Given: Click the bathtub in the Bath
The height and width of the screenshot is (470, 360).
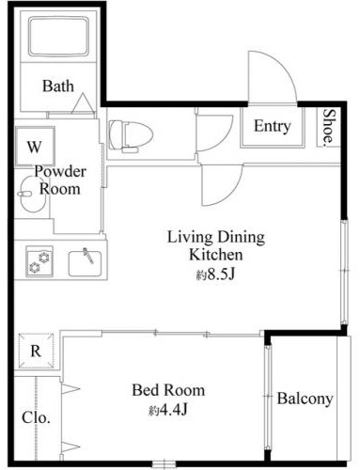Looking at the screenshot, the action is click(58, 37).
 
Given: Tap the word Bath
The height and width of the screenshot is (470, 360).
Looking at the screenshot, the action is click(58, 86).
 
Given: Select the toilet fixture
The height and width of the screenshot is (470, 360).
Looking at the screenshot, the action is click(131, 136).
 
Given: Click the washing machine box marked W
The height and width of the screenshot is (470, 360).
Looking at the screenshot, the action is click(35, 146).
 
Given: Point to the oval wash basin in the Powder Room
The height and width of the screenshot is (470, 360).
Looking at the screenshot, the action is click(33, 195).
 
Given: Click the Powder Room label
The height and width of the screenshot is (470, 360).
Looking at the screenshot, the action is click(60, 180).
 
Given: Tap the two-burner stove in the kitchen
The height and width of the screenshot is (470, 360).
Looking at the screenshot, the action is click(39, 261).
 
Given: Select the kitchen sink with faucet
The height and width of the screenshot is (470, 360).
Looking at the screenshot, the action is click(85, 262).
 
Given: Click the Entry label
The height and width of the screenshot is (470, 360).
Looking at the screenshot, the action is click(272, 126).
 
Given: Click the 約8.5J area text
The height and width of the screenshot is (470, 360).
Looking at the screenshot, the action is click(215, 274).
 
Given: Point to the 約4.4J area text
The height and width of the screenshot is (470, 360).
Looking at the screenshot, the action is click(168, 410).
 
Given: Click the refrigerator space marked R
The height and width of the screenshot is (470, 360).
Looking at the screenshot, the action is click(36, 351).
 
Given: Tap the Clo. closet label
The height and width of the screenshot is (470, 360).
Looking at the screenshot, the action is click(36, 417).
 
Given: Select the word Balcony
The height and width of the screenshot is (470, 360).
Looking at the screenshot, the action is click(305, 399).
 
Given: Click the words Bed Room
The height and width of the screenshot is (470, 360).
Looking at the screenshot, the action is click(168, 390).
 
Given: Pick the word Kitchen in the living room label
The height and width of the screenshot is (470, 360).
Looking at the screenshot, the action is click(216, 255).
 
